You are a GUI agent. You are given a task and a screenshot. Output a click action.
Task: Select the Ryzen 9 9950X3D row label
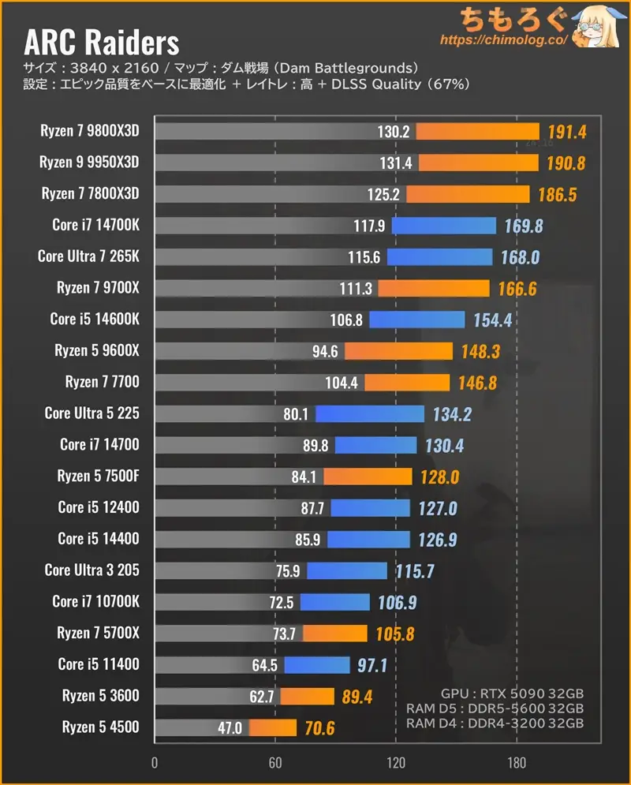pos(89,163)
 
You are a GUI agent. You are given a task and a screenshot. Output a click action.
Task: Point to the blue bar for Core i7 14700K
pos(443,226)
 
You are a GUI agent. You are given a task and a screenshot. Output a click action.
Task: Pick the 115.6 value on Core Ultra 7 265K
pos(364,257)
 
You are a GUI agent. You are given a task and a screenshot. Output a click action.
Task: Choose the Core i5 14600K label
pos(95,319)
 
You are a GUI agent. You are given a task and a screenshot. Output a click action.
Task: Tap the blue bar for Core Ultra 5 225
pos(370,413)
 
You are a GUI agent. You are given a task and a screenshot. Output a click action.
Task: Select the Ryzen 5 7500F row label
pos(98,476)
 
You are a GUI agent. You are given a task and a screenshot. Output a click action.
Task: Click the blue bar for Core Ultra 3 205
pos(347,570)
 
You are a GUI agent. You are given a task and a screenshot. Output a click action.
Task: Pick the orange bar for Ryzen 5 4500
pos(273,727)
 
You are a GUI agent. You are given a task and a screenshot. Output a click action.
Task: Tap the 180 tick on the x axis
pos(517,764)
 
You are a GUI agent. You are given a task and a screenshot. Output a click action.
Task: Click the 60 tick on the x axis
pos(275,764)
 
